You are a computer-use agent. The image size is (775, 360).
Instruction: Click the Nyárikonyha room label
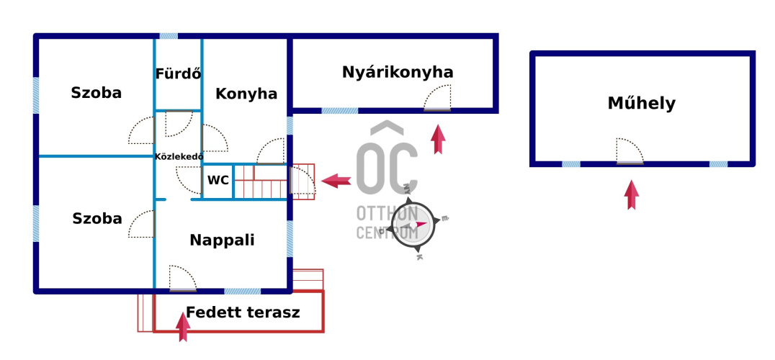coord(398,72)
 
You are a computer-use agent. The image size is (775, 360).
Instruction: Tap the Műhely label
coord(642,104)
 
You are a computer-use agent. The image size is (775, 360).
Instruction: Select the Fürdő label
coord(178,73)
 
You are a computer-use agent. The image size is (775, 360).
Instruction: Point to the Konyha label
coord(246,94)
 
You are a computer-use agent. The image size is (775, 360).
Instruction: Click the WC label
coord(218,181)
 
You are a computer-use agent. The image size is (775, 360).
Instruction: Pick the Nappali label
coord(222,240)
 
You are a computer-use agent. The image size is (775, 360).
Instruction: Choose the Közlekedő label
coord(179,156)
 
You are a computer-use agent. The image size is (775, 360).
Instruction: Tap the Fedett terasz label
coord(243,313)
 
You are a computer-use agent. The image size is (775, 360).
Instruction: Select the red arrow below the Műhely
coord(632,194)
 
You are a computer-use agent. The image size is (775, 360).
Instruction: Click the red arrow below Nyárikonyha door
coord(437,139)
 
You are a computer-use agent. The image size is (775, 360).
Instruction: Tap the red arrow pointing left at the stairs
coord(335,181)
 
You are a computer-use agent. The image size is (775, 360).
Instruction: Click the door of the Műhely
coord(630,152)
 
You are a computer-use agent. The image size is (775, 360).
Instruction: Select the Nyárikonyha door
coord(437,99)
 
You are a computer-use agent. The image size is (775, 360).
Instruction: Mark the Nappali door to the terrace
coord(182,279)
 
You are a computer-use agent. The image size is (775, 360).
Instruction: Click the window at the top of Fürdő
coord(169,35)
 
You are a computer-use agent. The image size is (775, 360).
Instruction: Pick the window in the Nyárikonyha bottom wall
coord(339,111)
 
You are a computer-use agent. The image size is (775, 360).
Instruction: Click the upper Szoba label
coord(97,93)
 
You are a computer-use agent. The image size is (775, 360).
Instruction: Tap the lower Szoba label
coord(97,220)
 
